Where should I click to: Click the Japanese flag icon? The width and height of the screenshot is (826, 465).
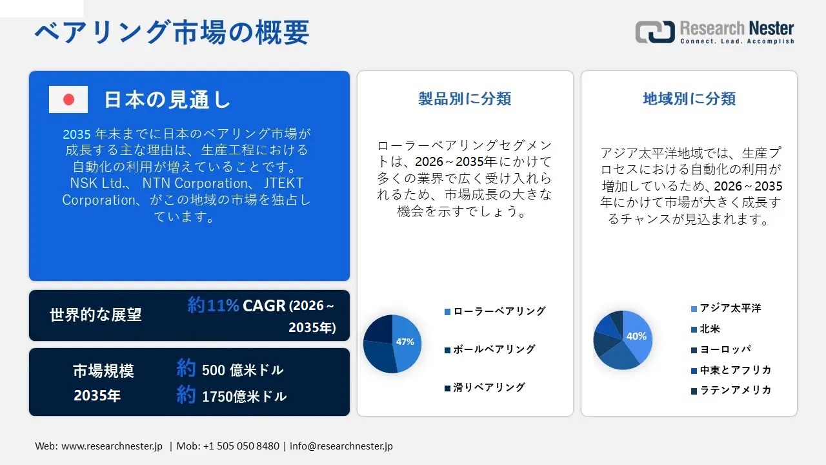pyautogui.click(x=68, y=99)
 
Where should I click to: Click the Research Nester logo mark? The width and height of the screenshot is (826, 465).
pyautogui.click(x=654, y=32)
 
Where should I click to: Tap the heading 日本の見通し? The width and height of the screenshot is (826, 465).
pyautogui.click(x=167, y=99)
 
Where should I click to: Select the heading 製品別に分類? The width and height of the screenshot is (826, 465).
pyautogui.click(x=465, y=99)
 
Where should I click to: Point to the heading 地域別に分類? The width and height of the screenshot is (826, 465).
pyautogui.click(x=689, y=99)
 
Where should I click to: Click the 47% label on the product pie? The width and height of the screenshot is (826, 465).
pyautogui.click(x=405, y=342)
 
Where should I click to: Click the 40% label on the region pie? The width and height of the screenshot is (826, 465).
pyautogui.click(x=636, y=336)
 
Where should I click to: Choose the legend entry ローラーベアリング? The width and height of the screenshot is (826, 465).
pyautogui.click(x=499, y=311)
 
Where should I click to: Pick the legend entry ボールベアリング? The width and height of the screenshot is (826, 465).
pyautogui.click(x=494, y=349)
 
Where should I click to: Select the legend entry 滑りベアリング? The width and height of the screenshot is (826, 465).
pyautogui.click(x=489, y=387)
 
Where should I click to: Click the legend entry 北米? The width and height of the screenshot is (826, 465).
pyautogui.click(x=710, y=329)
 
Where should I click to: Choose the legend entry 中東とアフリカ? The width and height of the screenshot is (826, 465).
pyautogui.click(x=736, y=370)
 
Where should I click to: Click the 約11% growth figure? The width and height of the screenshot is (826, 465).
pyautogui.click(x=214, y=305)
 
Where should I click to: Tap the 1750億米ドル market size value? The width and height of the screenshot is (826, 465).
pyautogui.click(x=244, y=397)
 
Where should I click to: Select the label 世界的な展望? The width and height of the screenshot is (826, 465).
pyautogui.click(x=96, y=315)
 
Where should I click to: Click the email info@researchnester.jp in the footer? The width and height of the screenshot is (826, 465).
pyautogui.click(x=341, y=446)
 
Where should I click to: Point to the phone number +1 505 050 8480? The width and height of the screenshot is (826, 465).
pyautogui.click(x=241, y=446)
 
